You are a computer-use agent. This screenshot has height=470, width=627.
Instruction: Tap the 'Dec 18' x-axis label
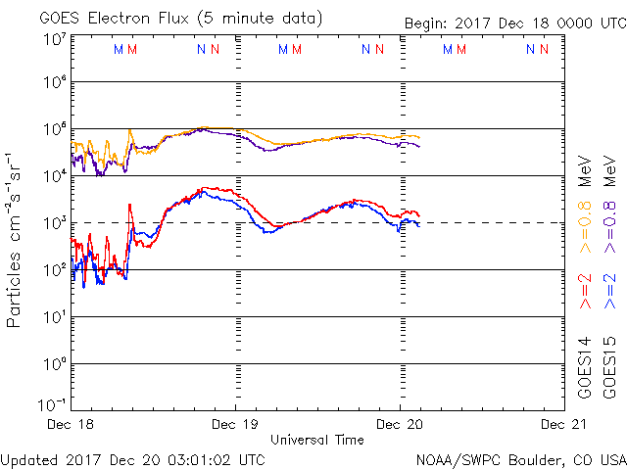pos(72,424)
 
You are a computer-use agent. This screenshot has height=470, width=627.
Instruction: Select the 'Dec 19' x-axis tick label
pos(235,424)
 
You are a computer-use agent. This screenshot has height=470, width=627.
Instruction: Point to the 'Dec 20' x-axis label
pos(400,424)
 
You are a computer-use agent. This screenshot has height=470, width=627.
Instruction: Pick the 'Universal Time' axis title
pos(317,440)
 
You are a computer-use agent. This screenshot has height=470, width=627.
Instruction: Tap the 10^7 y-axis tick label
pos(53,40)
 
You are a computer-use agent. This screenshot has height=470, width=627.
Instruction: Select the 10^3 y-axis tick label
pos(53,224)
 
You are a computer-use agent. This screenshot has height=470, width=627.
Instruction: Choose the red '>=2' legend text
pos(586,292)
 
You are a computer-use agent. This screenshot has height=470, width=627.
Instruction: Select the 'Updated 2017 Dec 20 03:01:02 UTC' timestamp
pos(132,458)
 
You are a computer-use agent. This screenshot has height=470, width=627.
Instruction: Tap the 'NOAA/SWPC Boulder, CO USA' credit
pos(520,458)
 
